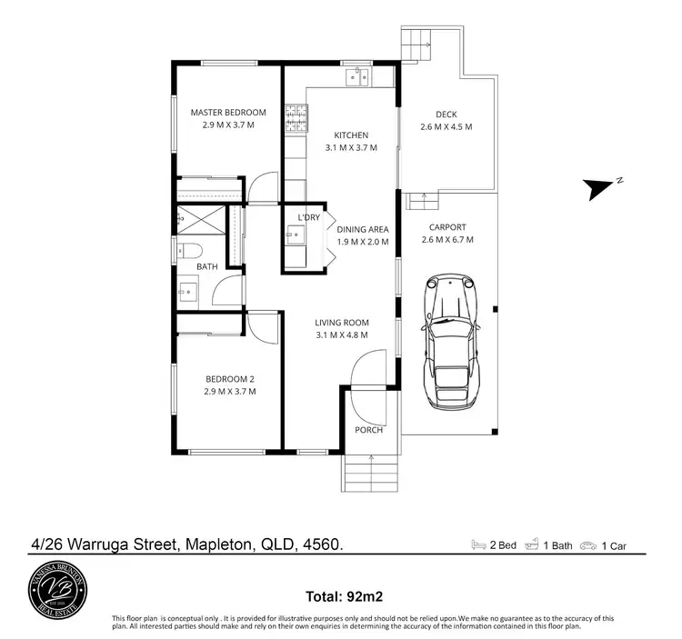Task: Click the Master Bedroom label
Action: (228, 113)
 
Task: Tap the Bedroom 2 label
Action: (228, 379)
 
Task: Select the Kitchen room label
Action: (351, 135)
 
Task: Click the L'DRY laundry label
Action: (306, 217)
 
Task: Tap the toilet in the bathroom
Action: (190, 252)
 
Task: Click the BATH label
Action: (207, 266)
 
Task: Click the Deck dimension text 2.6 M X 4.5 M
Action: (446, 127)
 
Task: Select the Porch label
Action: (369, 430)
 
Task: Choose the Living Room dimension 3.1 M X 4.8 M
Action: (342, 335)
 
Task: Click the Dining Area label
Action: (362, 230)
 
